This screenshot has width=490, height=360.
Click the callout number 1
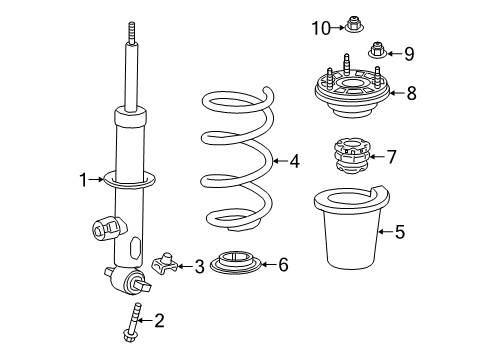click(x=85, y=181)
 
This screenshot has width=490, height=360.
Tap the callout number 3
click(x=199, y=266)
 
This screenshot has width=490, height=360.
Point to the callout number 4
click(x=293, y=159)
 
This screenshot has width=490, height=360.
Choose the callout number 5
click(x=400, y=232)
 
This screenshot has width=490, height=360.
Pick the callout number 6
click(x=283, y=265)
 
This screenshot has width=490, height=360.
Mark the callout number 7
click(x=391, y=156)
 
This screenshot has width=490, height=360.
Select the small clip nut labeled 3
click(x=169, y=265)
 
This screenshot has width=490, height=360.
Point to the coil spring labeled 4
click(x=236, y=160)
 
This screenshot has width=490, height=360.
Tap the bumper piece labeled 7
click(x=350, y=158)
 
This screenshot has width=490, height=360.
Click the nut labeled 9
click(x=377, y=50)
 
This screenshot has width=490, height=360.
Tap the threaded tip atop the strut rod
click(x=130, y=34)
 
